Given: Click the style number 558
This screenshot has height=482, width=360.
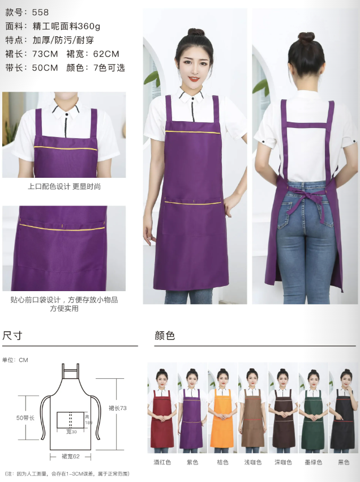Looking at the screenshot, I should (40, 11).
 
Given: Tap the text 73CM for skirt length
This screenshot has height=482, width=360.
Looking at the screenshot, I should (45, 54).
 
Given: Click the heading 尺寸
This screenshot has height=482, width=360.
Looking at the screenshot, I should (12, 335).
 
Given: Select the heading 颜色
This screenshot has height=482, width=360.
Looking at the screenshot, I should (165, 335).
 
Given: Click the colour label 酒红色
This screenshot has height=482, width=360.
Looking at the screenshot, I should (162, 462).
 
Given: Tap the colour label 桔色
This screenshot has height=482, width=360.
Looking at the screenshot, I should (222, 462).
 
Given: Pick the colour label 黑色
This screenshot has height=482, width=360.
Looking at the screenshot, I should (344, 462).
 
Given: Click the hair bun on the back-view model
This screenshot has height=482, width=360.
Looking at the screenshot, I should (307, 38).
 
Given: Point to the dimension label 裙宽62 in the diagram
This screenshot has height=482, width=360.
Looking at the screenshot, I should (71, 456).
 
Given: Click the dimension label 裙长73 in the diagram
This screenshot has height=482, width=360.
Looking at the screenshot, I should (117, 408).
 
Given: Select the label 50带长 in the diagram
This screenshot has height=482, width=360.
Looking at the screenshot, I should (26, 417).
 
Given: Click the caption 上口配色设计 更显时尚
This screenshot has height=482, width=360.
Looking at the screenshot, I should (64, 186).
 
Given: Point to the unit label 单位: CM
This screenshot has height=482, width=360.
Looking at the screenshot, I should (15, 360).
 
